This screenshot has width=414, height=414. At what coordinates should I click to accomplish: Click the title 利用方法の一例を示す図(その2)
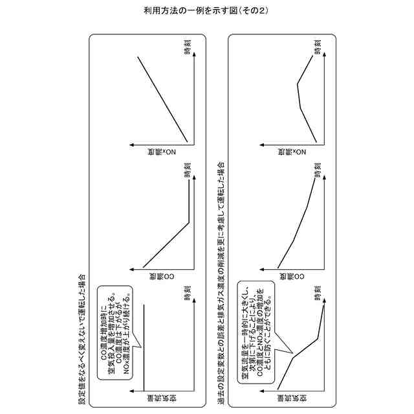206,12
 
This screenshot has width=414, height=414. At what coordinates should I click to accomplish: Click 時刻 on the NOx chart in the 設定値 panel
187,47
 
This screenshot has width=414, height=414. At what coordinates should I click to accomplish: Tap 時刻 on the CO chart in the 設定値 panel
187,170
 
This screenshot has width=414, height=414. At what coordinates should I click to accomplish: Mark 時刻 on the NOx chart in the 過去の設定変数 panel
317,47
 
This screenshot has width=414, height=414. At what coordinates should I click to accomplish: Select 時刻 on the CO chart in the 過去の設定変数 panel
317,170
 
